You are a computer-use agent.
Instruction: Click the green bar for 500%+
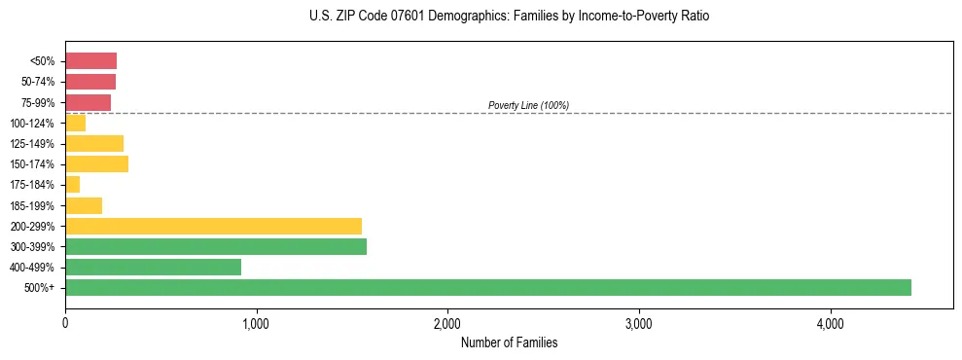click(x=487, y=287)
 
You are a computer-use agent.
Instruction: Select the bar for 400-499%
click(x=153, y=267)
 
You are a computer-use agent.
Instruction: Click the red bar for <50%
click(x=90, y=61)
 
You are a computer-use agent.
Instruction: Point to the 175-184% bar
click(x=73, y=185)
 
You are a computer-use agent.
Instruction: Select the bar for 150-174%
click(x=96, y=163)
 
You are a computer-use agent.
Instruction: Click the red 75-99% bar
click(x=88, y=102)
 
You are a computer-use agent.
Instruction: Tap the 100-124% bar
click(x=76, y=123)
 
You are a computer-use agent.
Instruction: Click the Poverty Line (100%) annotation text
click(x=528, y=105)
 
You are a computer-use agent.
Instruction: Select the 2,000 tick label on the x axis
click(x=447, y=324)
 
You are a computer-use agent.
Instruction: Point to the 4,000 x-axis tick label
click(x=830, y=324)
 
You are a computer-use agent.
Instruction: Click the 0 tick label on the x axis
click(x=65, y=324)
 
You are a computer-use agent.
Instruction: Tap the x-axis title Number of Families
click(x=509, y=342)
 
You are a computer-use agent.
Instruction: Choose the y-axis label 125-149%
click(x=32, y=144)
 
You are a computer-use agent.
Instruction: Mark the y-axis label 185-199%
click(x=32, y=205)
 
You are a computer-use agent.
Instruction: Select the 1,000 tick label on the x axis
click(x=256, y=324)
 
